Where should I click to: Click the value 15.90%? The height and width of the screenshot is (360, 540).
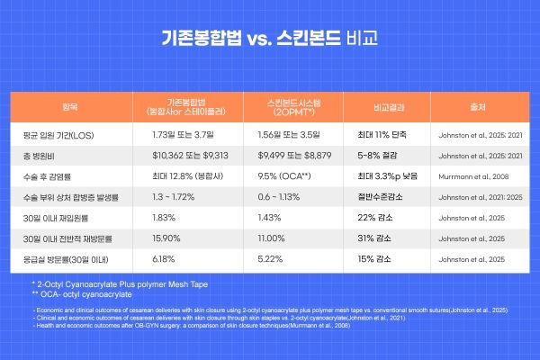tap(169, 238)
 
